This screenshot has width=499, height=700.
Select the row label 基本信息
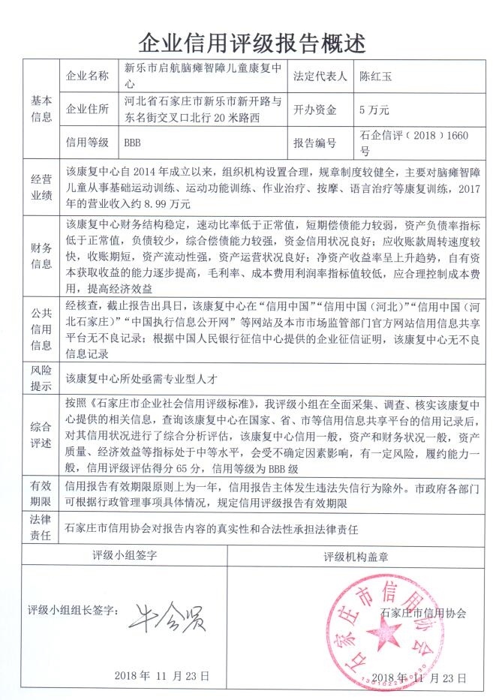pyautogui.click(x=42, y=108)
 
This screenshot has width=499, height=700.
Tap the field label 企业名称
pyautogui.click(x=89, y=76)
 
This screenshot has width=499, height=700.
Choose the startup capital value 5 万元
pyautogui.click(x=374, y=109)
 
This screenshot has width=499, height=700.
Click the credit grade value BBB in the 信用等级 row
pyautogui.click(x=132, y=142)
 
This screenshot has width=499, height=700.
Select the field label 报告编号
pyautogui.click(x=314, y=142)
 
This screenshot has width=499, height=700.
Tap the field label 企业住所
pyautogui.click(x=89, y=109)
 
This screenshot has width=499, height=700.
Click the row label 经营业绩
pyautogui.click(x=42, y=188)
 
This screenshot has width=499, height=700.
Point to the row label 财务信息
pyautogui.click(x=42, y=255)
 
